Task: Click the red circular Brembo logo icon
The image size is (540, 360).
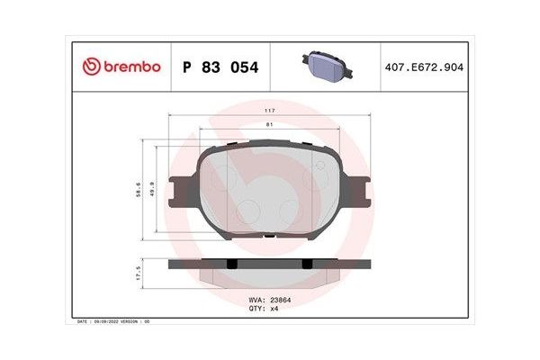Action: coord(90,66)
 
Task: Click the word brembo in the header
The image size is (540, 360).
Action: coord(130,66)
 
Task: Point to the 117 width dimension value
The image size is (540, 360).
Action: coord(269,110)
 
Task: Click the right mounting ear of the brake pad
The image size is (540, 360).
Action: coord(362,191)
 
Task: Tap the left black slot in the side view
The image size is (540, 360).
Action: coord(232,264)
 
